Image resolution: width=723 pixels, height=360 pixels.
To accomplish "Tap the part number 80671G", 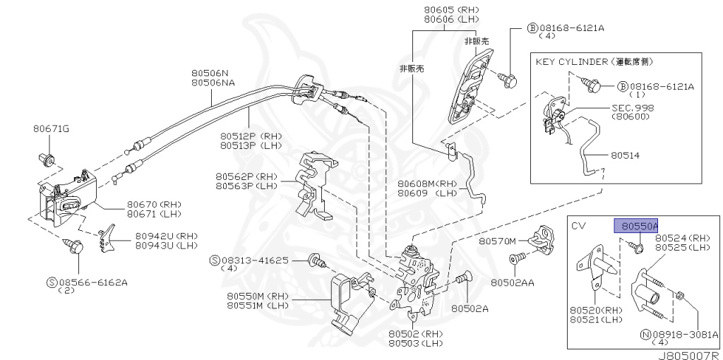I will tap(51, 129).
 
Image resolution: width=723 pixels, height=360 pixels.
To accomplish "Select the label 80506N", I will tap(210, 73).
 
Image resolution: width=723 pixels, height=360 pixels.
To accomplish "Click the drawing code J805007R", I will tap(687, 354).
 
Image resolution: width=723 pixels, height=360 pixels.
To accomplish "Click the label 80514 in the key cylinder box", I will tap(621, 155).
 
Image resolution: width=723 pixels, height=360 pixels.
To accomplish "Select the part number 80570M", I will tap(498, 241).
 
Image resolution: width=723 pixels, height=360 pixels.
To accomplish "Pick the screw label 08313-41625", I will tap(256, 260).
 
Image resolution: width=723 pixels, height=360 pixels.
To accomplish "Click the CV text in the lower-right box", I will tap(580, 226).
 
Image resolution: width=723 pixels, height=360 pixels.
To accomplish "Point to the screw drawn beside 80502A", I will tap(463, 282).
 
